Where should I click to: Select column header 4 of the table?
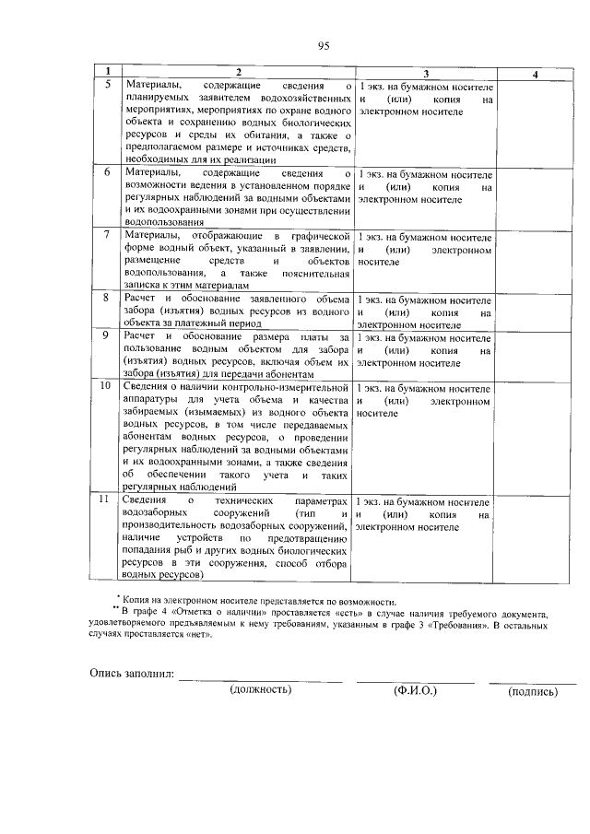(537, 72)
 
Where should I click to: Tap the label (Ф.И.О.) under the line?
(415, 689)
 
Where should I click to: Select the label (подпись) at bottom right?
(533, 690)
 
